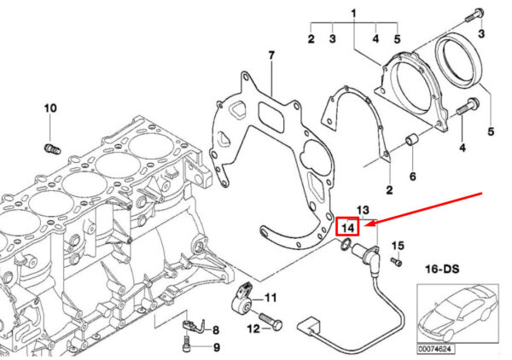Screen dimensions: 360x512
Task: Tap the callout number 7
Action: click(x=271, y=57)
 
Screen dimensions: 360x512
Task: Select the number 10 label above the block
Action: click(x=49, y=108)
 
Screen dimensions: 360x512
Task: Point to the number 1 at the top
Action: click(x=354, y=12)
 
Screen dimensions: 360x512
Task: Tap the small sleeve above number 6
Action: click(x=411, y=139)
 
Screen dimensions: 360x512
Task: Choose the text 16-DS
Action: click(x=442, y=268)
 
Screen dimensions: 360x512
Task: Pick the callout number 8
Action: click(x=215, y=329)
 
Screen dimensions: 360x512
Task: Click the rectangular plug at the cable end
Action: click(x=307, y=327)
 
